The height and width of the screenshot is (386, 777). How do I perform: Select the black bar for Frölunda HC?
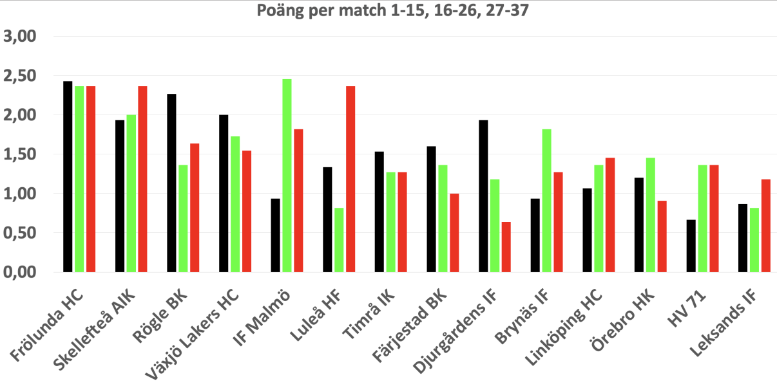pyautogui.click(x=68, y=177)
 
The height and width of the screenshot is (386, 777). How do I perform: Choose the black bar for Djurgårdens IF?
pyautogui.click(x=483, y=196)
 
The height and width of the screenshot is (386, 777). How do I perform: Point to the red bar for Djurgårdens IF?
pyautogui.click(x=506, y=247)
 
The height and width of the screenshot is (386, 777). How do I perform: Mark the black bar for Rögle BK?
pyautogui.click(x=171, y=183)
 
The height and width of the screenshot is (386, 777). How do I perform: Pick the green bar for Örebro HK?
pyautogui.click(x=650, y=215)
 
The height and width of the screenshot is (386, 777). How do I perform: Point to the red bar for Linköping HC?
pyautogui.click(x=609, y=215)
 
